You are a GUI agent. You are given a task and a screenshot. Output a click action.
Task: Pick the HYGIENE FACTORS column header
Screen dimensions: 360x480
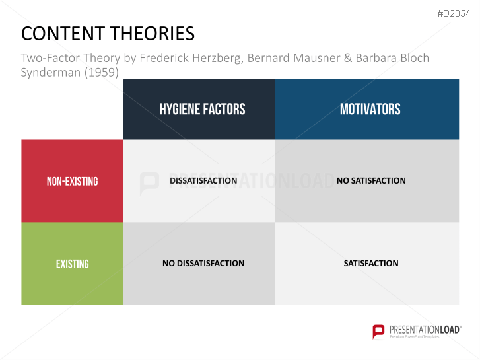pos(202,109)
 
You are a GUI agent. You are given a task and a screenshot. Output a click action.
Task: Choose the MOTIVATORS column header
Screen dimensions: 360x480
pos(370,109)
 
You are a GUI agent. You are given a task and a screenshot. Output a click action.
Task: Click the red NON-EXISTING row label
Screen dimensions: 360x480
pos(72,181)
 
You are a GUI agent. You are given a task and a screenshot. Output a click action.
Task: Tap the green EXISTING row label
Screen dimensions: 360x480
pos(72,264)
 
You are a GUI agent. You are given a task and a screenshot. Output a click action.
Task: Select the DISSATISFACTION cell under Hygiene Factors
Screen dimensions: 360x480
pos(203,180)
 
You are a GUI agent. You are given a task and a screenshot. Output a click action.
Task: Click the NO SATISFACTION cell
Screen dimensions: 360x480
pos(371,180)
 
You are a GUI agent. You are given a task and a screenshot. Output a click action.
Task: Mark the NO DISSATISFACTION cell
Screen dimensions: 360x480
pos(203,263)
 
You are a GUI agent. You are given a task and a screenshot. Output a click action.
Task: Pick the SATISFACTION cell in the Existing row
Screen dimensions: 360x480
pos(371,263)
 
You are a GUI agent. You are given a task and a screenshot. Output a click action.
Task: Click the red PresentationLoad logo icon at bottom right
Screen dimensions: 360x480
pos(378,331)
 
